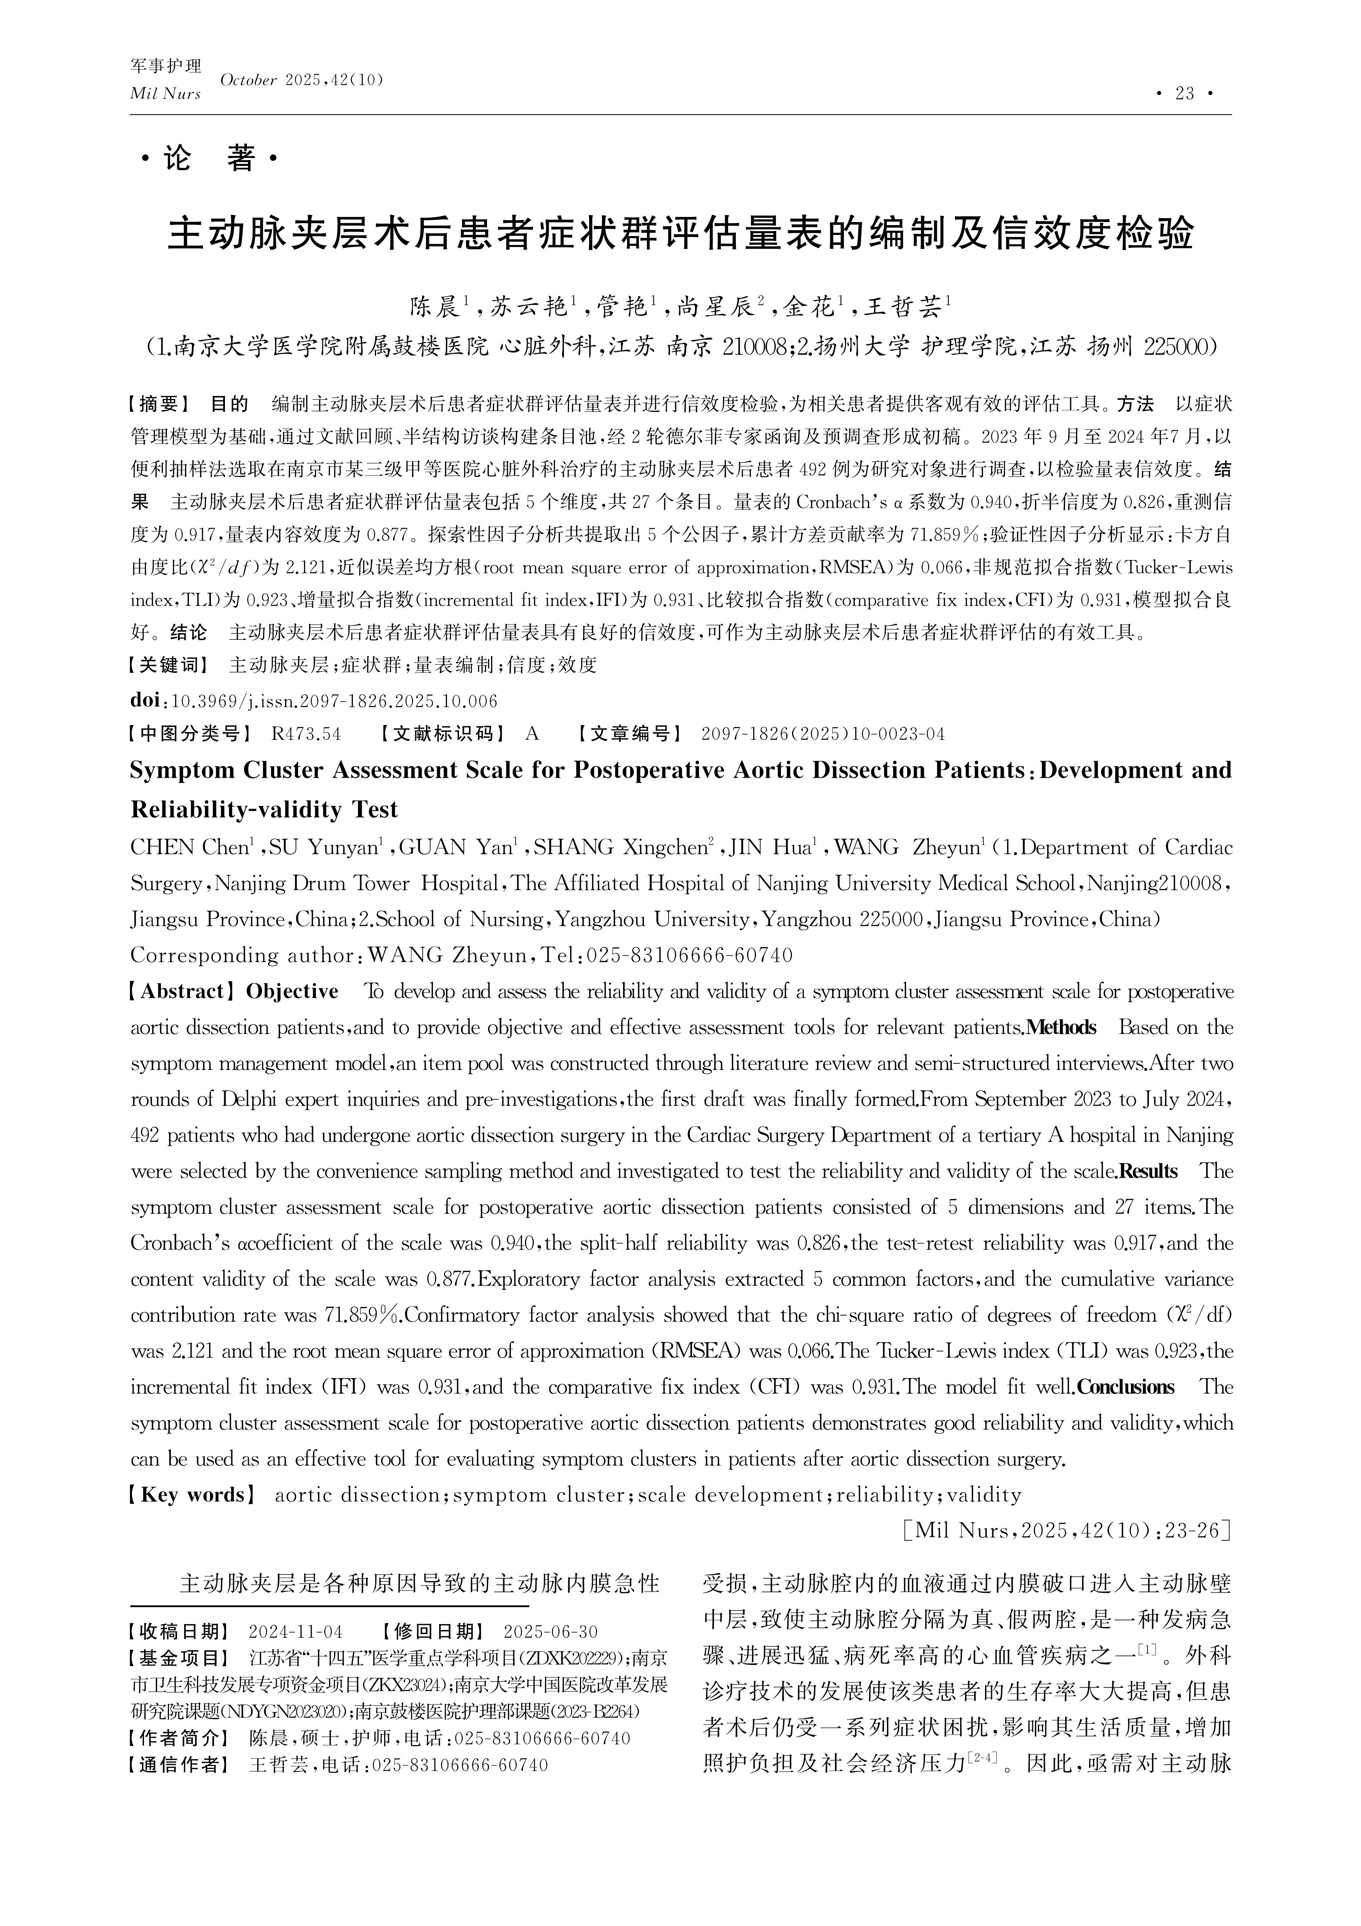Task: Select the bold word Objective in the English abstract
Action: click(x=292, y=992)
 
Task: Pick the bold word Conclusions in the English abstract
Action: click(x=1125, y=1387)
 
